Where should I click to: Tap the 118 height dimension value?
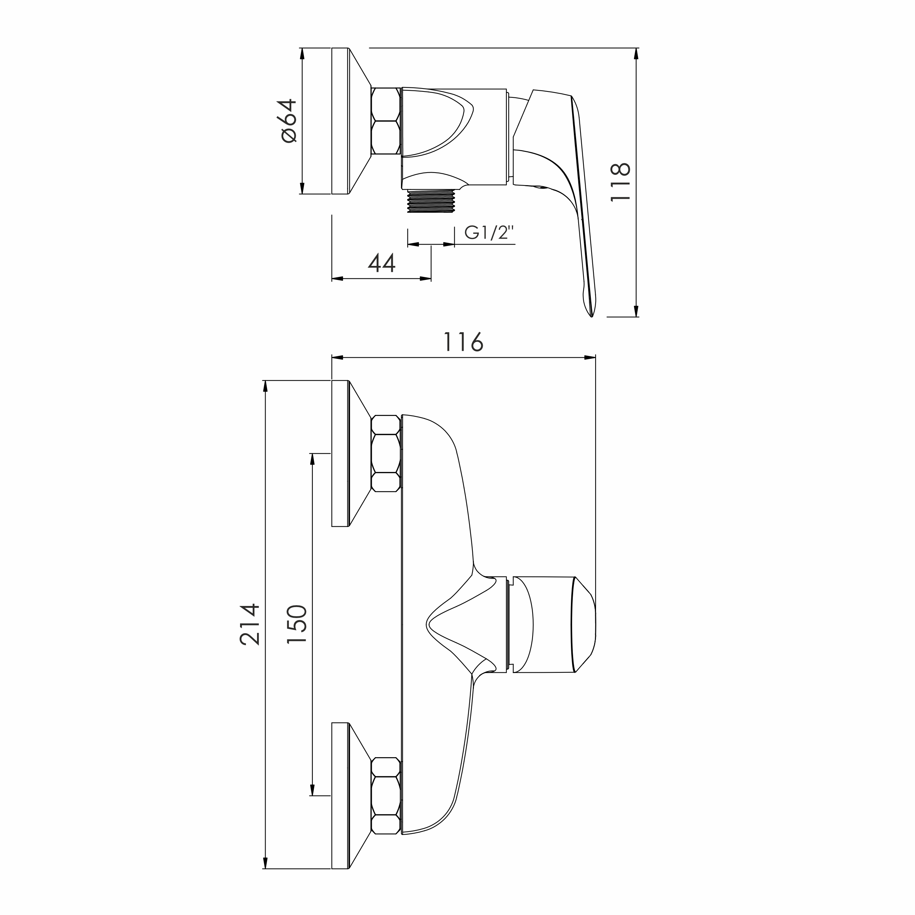(620, 182)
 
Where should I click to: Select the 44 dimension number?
(382, 263)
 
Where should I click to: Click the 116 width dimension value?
(463, 342)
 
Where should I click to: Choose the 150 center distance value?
(297, 623)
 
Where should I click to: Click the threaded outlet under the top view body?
(431, 201)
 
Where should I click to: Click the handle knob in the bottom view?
(554, 625)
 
